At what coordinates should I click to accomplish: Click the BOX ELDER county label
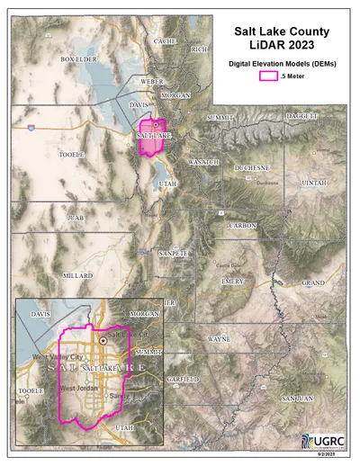78,59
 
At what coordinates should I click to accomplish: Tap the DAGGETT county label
302,117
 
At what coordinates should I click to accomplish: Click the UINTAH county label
315,183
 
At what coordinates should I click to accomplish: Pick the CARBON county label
243,225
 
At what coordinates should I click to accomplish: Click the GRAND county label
313,282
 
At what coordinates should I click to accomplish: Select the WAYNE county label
219,340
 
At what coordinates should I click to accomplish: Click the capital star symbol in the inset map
103,341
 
